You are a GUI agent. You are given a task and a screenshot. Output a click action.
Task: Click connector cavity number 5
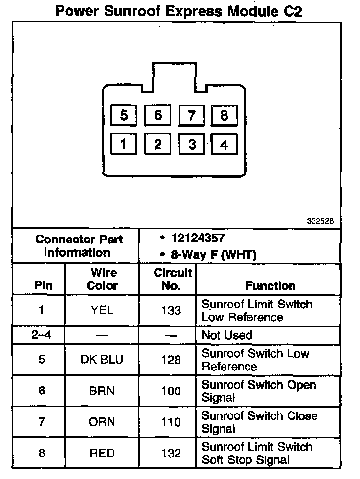click(124, 116)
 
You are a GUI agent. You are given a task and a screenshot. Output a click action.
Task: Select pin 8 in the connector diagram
click(224, 116)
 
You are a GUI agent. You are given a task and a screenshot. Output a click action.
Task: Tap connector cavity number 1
click(124, 144)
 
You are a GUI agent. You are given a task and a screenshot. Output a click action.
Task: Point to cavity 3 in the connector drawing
click(192, 144)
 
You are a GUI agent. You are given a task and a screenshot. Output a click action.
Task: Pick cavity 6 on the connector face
click(157, 116)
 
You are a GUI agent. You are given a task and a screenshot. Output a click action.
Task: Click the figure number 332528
click(320, 221)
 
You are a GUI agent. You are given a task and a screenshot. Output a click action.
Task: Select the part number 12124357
click(198, 239)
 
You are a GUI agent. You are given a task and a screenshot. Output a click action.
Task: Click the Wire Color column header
click(102, 279)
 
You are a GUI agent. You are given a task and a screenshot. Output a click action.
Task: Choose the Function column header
click(270, 285)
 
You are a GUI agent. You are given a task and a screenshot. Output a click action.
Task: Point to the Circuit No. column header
click(172, 279)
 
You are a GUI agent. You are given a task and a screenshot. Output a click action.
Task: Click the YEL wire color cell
click(102, 310)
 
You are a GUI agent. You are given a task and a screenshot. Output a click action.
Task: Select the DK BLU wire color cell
click(102, 360)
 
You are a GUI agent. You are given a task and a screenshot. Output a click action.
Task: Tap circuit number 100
click(171, 391)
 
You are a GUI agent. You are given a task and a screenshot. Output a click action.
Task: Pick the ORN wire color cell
click(102, 422)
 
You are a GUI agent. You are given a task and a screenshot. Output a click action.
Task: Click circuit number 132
click(171, 453)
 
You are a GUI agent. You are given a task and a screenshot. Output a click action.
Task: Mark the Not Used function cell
click(227, 335)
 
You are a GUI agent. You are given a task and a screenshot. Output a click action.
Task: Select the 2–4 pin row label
click(42, 335)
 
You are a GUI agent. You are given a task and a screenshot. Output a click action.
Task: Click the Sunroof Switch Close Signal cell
click(259, 422)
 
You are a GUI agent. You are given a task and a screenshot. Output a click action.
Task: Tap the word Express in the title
click(192, 11)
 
